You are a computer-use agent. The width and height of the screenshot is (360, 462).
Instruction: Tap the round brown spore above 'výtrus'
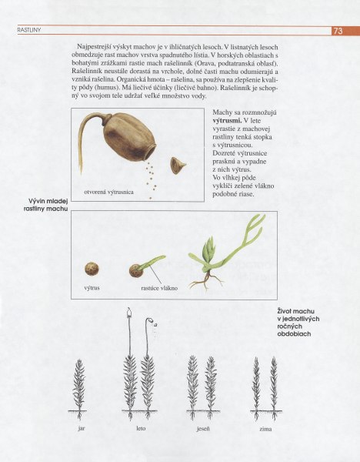(92, 269)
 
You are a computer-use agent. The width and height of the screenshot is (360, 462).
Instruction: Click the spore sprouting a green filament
(141, 269)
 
